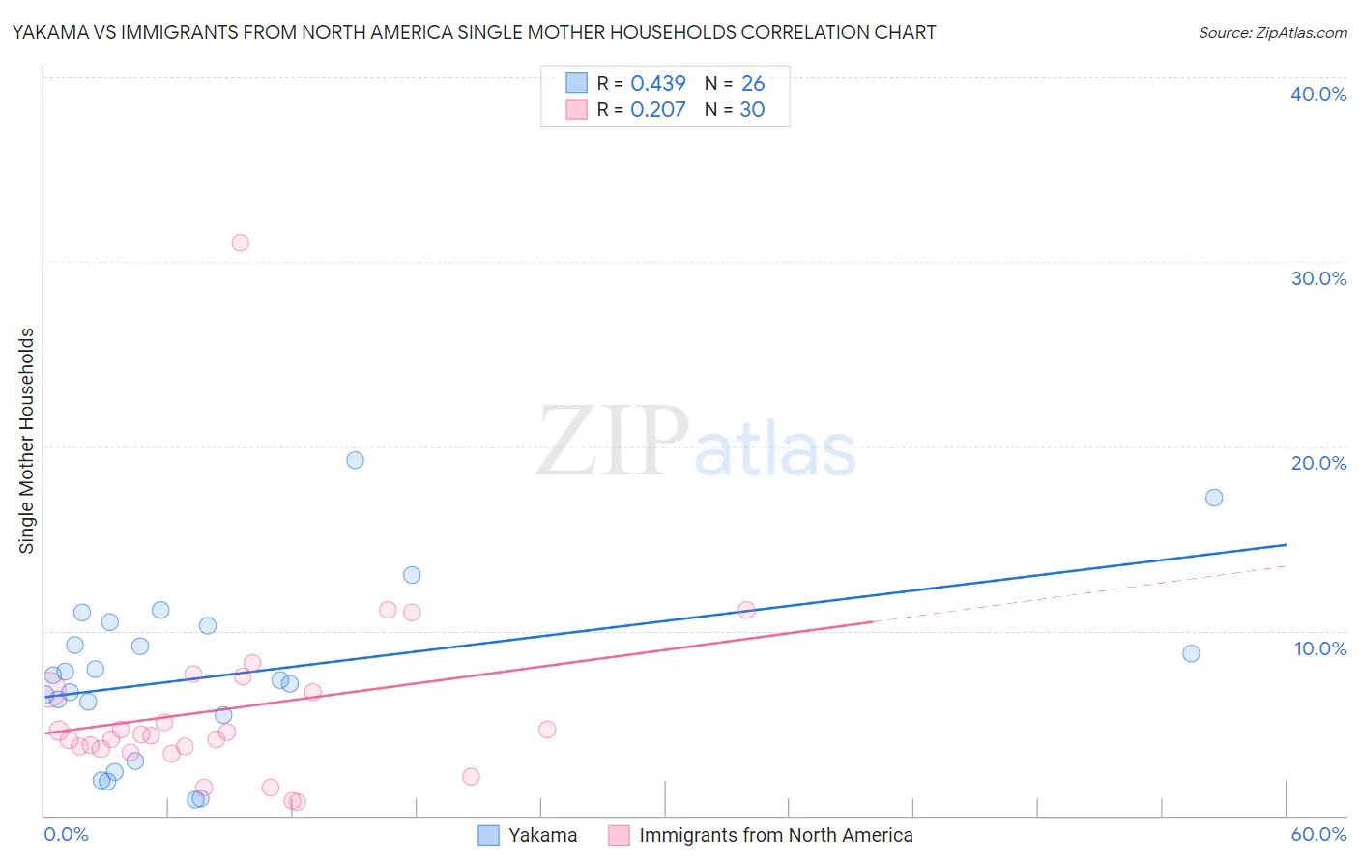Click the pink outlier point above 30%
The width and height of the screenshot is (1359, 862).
[x=241, y=243]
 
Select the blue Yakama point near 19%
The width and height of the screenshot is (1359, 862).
[x=355, y=460]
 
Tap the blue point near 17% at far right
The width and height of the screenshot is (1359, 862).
[x=1214, y=498]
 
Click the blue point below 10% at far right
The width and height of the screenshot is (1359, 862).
[x=1191, y=653]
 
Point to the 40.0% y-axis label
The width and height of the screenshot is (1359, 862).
[x=1318, y=94]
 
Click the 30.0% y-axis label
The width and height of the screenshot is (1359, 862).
[x=1318, y=278]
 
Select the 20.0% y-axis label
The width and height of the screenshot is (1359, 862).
[x=1318, y=463]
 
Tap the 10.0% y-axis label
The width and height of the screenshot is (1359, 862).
[x=1320, y=648]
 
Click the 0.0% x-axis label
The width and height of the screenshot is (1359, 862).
[x=67, y=834]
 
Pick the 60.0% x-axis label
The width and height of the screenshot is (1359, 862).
[x=1318, y=834]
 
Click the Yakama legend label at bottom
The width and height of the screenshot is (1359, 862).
[x=542, y=835]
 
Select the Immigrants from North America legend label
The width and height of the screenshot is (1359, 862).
[x=775, y=835]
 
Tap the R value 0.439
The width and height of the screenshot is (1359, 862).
[x=658, y=84]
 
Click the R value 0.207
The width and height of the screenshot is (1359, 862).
[x=658, y=110]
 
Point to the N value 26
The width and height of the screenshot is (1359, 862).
[x=753, y=84]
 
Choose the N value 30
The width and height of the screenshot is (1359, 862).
[x=752, y=110]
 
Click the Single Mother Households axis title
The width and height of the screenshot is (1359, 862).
[x=27, y=441]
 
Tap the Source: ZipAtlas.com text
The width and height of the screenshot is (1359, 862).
[x=1272, y=33]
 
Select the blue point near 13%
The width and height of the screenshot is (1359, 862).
[x=412, y=575]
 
